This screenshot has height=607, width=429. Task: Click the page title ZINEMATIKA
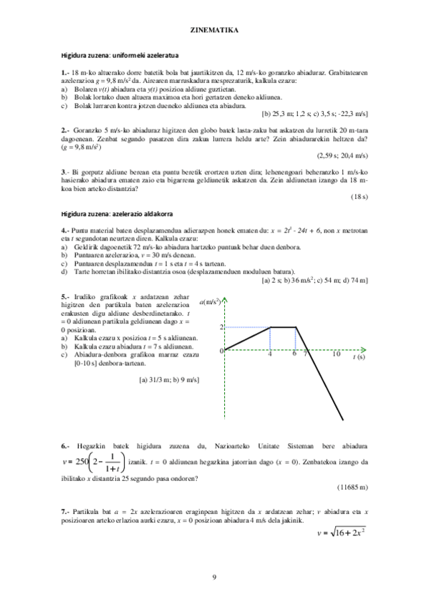[x=214, y=31]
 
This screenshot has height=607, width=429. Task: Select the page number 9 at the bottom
[x=214, y=577]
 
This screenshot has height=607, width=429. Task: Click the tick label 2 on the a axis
[x=222, y=327]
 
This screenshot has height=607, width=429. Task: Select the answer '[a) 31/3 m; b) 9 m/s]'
[x=169, y=380]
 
